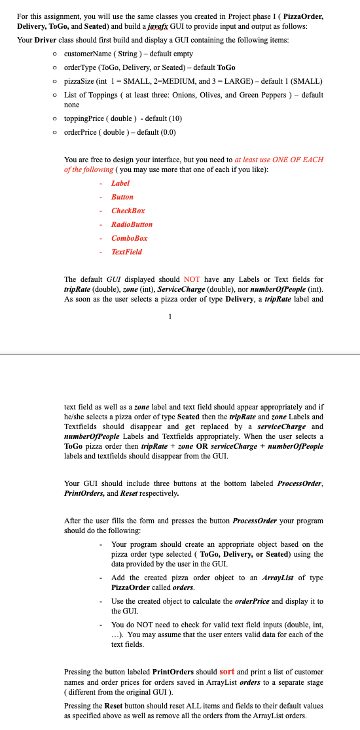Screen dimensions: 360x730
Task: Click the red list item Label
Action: pyautogui.click(x=120, y=183)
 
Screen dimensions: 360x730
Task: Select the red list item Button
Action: pyautogui.click(x=122, y=197)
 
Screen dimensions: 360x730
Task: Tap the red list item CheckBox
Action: pyautogui.click(x=128, y=211)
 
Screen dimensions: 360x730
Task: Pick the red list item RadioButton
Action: pyautogui.click(x=132, y=224)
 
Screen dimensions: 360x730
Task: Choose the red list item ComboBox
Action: pyautogui.click(x=129, y=238)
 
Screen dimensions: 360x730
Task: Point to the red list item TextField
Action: pyautogui.click(x=126, y=252)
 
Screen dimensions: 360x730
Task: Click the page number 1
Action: pyautogui.click(x=170, y=319)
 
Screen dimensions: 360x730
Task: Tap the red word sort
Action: pyautogui.click(x=226, y=671)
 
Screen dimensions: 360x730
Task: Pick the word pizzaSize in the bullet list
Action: pyautogui.click(x=78, y=81)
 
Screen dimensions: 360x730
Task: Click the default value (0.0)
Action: pyautogui.click(x=165, y=131)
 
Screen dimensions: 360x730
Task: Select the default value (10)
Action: pyautogui.click(x=173, y=118)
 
